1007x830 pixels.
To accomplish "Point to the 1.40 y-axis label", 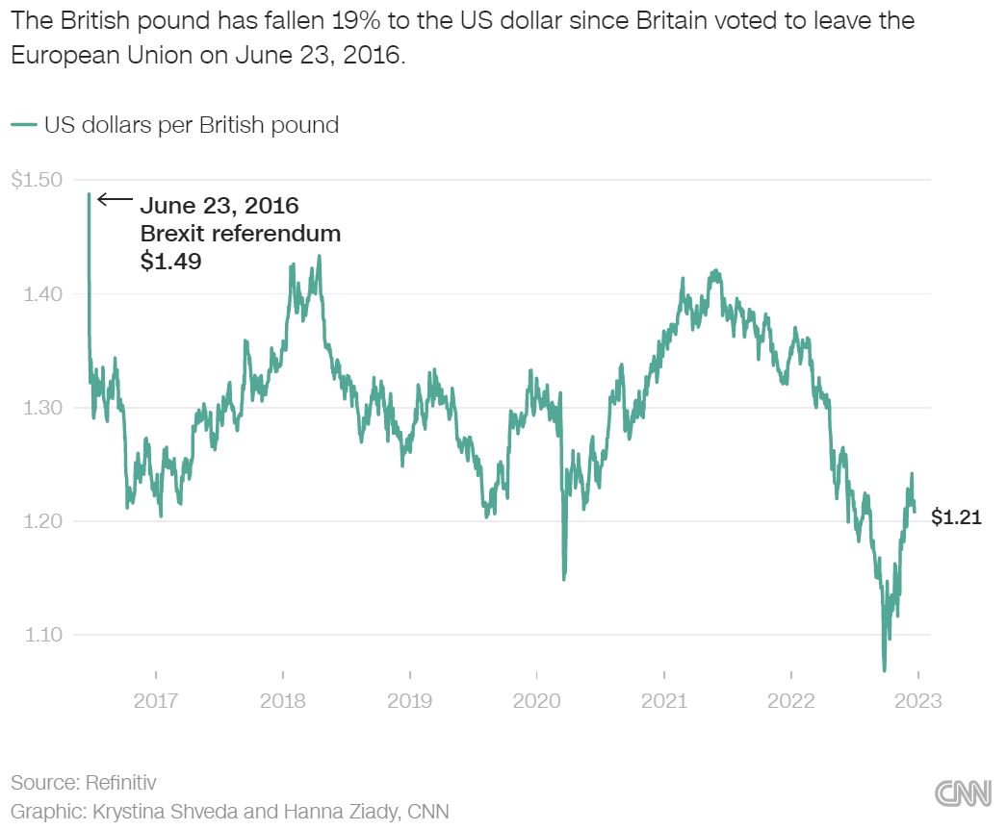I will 41,293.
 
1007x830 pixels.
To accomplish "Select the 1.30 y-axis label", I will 41,408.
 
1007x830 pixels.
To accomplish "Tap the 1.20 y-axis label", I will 41,521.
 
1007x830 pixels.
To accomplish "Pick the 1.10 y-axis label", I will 41,635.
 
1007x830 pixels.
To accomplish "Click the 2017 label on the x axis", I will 156,700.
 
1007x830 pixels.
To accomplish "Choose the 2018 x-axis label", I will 283,700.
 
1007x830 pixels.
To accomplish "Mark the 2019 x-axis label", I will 410,700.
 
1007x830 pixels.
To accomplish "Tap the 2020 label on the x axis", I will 536,700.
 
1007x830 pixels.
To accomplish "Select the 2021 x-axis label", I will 663,700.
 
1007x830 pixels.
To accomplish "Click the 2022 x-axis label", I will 790,700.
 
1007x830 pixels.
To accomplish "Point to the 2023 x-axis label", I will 917,700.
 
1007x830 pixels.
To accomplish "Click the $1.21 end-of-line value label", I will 956,518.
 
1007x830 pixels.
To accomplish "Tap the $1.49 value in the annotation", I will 171,261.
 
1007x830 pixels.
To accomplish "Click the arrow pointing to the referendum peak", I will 116,200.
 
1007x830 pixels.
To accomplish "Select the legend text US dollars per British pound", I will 191,125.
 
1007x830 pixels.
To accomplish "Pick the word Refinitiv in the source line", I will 122,783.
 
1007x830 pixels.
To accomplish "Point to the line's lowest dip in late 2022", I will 884,670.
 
